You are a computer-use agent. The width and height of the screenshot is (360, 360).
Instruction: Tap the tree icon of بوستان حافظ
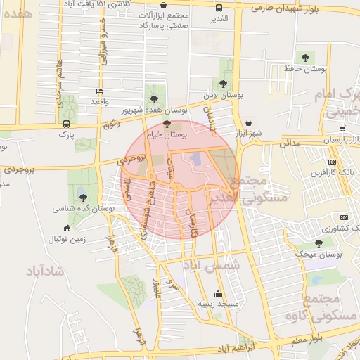pyautogui.click(x=305, y=58)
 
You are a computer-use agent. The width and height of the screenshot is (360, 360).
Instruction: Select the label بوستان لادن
pyautogui.click(x=224, y=94)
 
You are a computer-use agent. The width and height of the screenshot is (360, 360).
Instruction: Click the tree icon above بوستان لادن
pyautogui.click(x=224, y=84)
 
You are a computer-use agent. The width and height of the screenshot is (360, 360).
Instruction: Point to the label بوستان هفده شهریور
pyautogui.click(x=155, y=110)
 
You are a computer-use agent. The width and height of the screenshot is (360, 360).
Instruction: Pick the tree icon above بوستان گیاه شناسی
pyautogui.click(x=84, y=198)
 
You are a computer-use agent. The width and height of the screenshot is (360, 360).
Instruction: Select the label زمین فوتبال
pyautogui.click(x=67, y=239)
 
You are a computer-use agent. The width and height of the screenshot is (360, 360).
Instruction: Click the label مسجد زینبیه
pyautogui.click(x=219, y=304)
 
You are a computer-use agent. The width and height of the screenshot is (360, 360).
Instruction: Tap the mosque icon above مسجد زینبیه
pyautogui.click(x=218, y=294)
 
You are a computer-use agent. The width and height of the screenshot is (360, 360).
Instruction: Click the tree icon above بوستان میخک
pyautogui.click(x=319, y=243)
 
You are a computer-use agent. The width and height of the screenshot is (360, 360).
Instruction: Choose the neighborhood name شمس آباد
pyautogui.click(x=211, y=266)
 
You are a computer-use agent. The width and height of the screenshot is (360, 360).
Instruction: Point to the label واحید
pyautogui.click(x=98, y=102)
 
